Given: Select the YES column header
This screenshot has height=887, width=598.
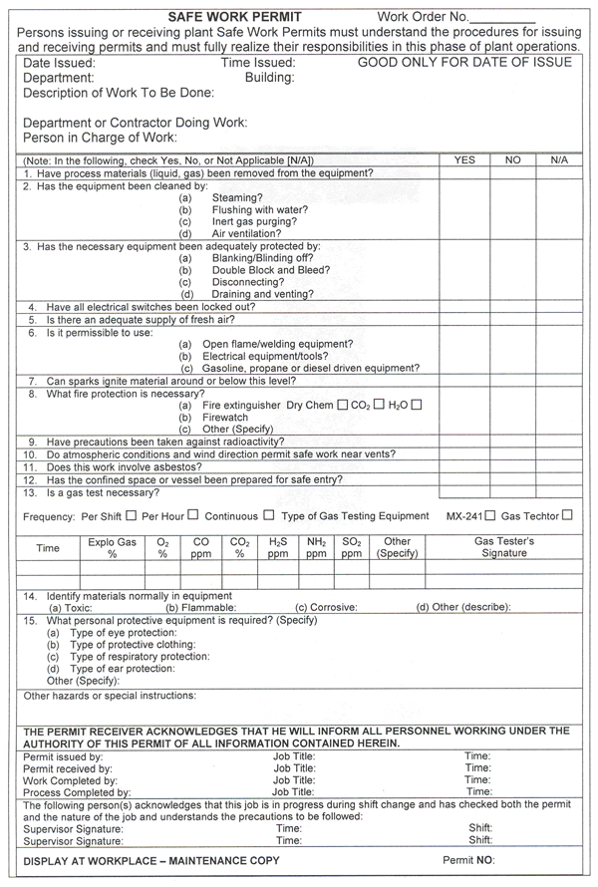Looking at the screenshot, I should tap(464, 159).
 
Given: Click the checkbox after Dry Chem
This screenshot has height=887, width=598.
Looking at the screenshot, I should tap(343, 405).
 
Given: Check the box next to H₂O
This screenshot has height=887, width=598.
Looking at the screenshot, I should tap(418, 405).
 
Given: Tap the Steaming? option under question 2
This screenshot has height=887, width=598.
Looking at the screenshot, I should tap(234, 198).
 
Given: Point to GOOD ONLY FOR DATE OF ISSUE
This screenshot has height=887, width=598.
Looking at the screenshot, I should tap(464, 62).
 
